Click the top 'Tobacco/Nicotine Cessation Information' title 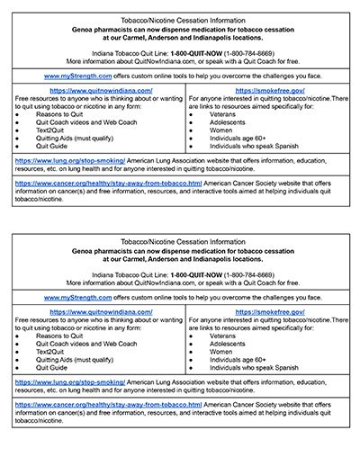[180, 18]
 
